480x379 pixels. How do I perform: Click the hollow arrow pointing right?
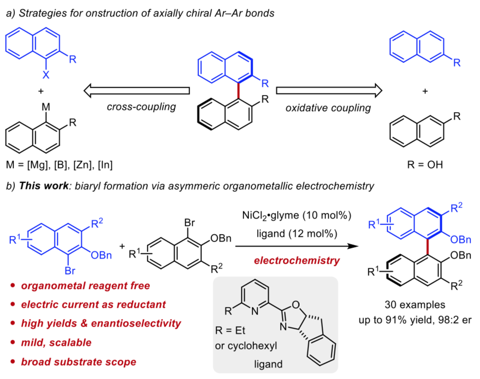(x=329, y=91)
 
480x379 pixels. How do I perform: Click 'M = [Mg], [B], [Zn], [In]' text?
(x=59, y=165)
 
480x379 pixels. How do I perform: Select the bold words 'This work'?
(x=38, y=186)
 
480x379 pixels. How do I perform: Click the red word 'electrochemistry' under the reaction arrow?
(x=294, y=260)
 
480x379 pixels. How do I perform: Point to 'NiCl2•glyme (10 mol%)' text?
(x=293, y=216)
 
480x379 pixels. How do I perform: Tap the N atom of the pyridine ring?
(x=254, y=310)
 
